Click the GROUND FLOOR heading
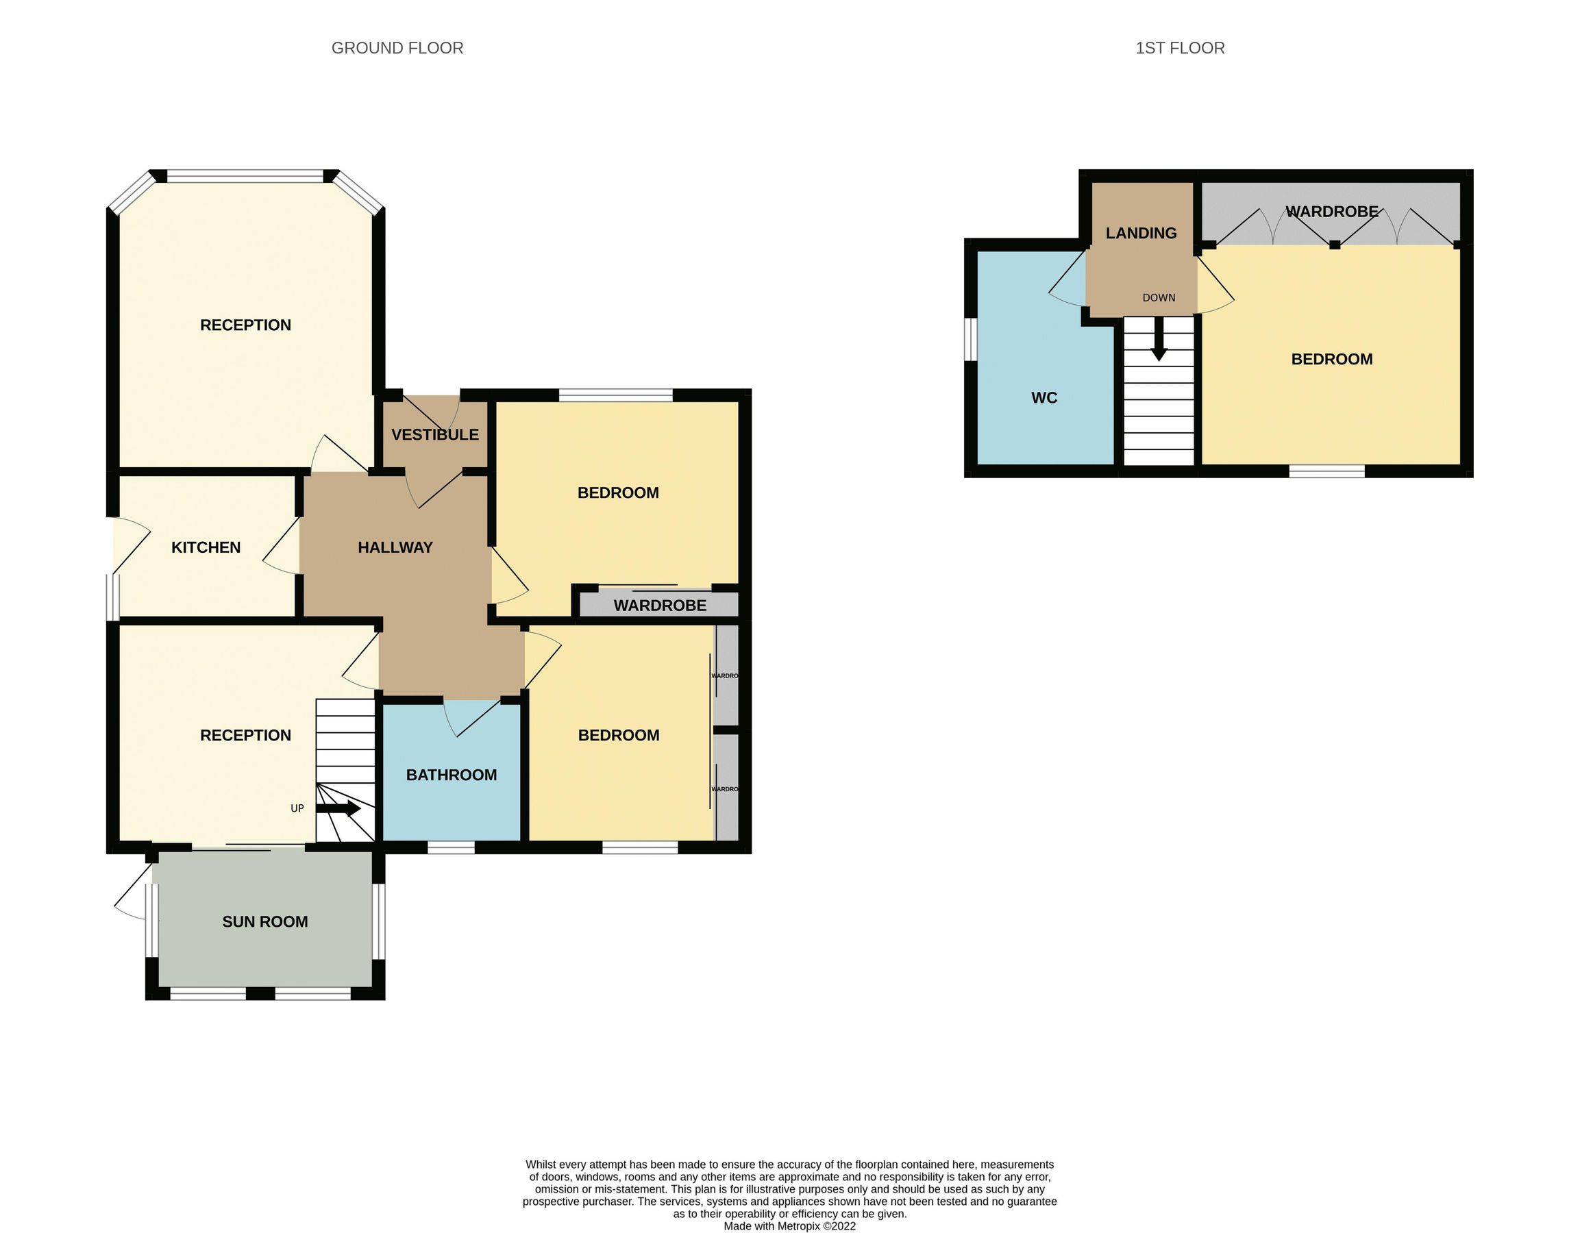[x=397, y=48]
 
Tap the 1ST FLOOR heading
[x=1180, y=48]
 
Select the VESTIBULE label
[x=435, y=434]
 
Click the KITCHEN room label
[x=206, y=547]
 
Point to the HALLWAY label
[x=395, y=547]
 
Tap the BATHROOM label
[x=452, y=775]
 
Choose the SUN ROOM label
[x=264, y=921]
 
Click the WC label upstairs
[x=1044, y=398]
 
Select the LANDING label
[x=1141, y=233]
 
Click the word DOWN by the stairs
[x=1158, y=298]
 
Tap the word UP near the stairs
[x=297, y=808]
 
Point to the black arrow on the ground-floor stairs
[x=340, y=808]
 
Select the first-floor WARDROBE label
[x=1331, y=212]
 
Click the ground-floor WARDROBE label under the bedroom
[x=660, y=606]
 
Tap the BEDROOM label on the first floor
[x=1331, y=360]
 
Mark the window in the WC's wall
[x=971, y=338]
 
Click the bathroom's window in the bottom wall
[x=451, y=847]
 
